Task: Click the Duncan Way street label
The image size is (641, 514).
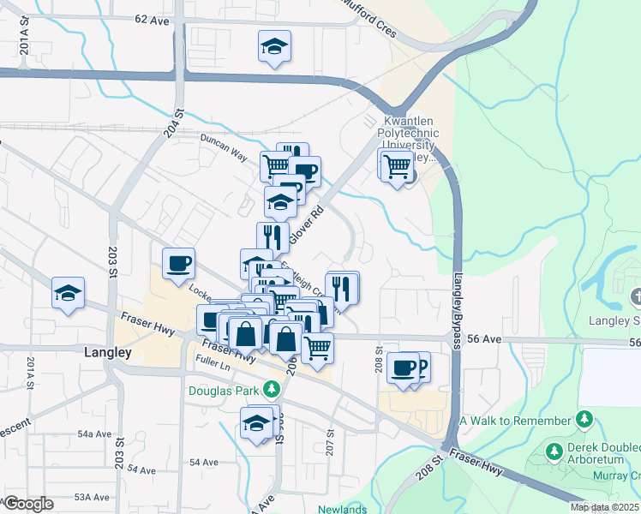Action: (x=224, y=146)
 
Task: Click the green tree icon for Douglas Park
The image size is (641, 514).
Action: (x=272, y=390)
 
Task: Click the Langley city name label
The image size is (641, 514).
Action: (x=108, y=351)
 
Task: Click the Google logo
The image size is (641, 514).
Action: (x=28, y=504)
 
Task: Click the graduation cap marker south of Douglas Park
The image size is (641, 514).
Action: (x=256, y=423)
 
